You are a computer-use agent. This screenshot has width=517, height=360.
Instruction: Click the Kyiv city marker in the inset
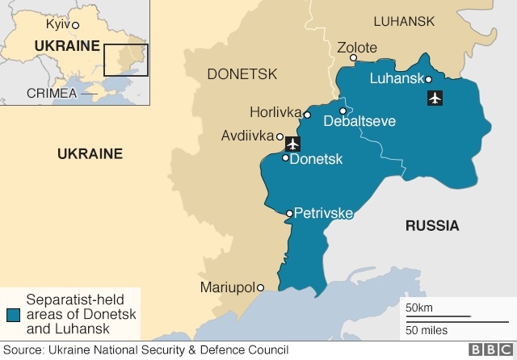75,25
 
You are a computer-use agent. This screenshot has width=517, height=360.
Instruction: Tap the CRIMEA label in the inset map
52,93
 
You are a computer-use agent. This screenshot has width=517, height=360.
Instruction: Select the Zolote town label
357,48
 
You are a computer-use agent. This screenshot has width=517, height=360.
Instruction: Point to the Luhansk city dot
428,78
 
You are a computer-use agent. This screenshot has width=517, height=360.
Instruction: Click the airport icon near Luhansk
435,98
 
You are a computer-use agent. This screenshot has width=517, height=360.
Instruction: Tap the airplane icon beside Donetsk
292,144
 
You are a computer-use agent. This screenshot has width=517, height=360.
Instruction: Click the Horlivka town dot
307,115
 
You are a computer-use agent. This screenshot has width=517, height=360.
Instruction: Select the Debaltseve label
359,122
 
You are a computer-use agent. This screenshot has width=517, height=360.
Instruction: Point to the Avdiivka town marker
280,136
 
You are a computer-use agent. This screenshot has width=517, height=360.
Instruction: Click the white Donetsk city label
316,159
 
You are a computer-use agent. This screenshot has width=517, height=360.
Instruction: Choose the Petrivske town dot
289,214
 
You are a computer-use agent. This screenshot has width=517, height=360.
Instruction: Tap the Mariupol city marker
260,287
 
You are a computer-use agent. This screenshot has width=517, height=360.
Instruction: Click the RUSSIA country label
431,225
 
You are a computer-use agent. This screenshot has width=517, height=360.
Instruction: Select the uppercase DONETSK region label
242,74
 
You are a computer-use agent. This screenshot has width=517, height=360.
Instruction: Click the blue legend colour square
13,314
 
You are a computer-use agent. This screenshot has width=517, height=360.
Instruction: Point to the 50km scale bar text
419,308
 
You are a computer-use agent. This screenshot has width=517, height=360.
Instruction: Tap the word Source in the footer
23,350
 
